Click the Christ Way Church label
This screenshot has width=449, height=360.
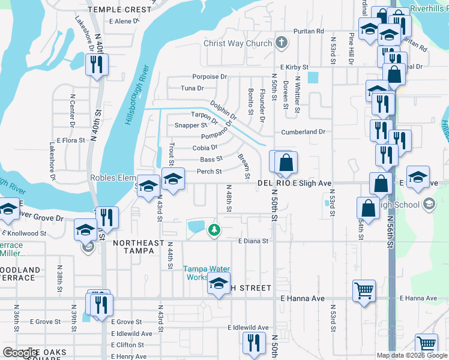pos(238,43)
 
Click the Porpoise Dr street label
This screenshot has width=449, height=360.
pos(209,77)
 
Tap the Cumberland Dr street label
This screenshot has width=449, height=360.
pos(303,131)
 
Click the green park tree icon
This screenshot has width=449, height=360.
pos(214,230)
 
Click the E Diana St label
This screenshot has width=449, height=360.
pos(252,241)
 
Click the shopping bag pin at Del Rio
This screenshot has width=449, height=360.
pos(287,163)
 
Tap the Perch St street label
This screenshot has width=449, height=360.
pos(209,172)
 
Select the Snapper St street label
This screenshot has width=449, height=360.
pos(190,125)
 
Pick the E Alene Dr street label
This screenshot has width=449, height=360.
pos(124,21)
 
